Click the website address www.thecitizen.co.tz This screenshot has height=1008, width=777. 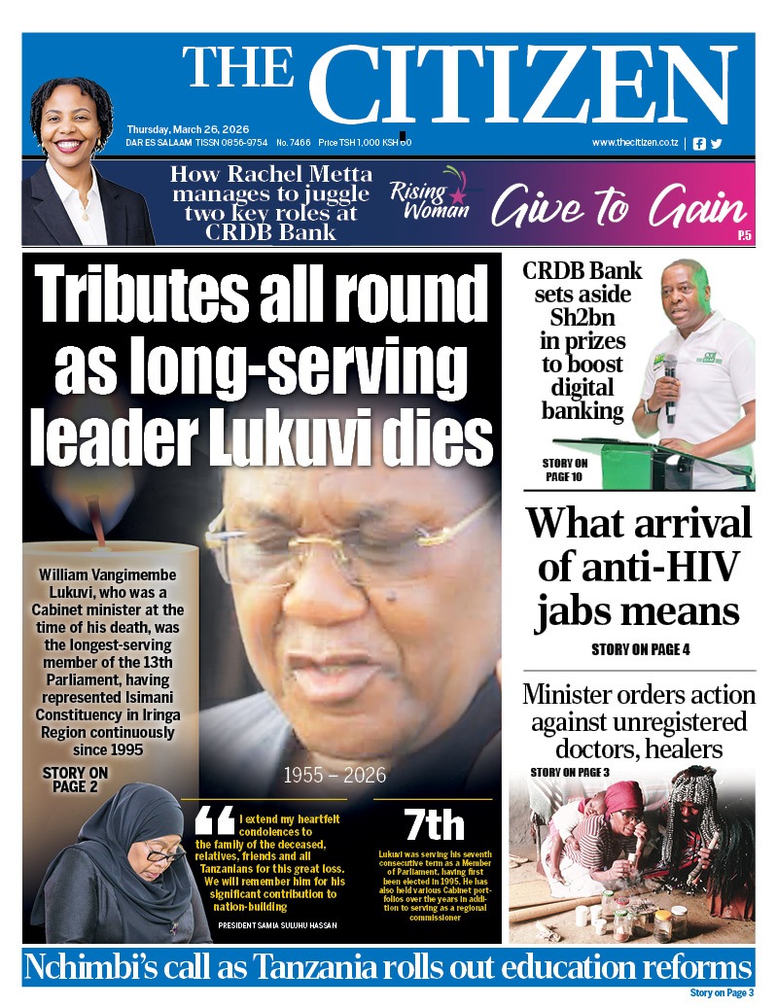click(x=635, y=143)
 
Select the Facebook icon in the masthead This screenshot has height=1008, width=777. click(x=699, y=143)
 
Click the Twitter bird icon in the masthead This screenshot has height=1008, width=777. click(x=717, y=143)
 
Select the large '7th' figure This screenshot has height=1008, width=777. click(x=434, y=825)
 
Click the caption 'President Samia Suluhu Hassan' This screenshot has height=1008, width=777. click(x=277, y=924)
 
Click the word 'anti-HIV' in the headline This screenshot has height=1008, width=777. click(x=639, y=568)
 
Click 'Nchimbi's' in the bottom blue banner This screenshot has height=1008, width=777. click(x=91, y=968)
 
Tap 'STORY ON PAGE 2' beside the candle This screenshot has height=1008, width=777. click(x=75, y=780)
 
